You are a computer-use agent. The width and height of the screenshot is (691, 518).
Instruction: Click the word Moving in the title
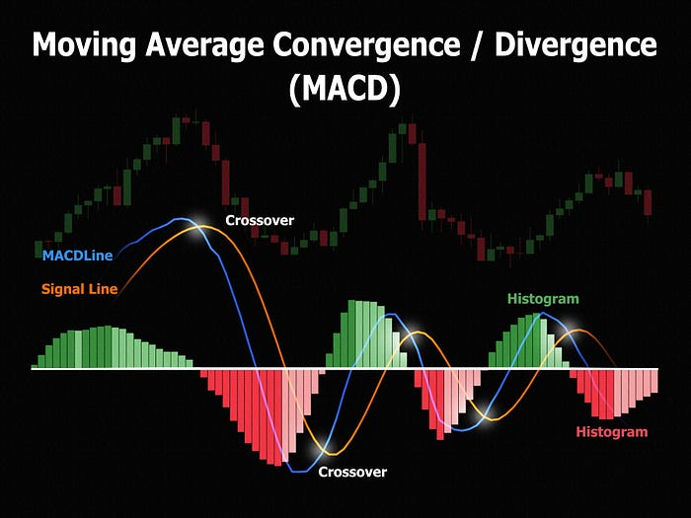84,45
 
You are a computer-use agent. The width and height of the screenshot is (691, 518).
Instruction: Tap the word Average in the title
205,45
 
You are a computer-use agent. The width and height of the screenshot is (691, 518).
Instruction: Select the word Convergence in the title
366,44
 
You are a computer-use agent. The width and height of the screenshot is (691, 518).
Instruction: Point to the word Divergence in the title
576,44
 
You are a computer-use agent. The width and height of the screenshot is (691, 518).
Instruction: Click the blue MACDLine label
78,256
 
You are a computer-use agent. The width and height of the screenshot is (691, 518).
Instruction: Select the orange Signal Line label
80,289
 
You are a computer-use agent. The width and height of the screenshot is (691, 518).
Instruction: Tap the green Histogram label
543,299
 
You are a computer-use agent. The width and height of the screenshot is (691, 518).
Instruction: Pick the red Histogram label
612,432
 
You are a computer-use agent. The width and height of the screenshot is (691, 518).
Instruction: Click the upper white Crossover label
260,220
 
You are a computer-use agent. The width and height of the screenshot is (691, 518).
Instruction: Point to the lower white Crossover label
352,472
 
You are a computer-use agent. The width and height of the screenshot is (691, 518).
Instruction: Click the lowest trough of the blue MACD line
300,472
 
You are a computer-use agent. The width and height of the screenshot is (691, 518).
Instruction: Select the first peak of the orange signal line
202,226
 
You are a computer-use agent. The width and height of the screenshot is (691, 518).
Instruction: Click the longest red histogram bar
277,417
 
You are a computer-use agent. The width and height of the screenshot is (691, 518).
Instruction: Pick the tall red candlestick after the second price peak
422,182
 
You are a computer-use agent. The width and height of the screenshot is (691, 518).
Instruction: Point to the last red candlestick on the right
648,202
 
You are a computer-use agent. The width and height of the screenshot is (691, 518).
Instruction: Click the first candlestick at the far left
38,249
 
